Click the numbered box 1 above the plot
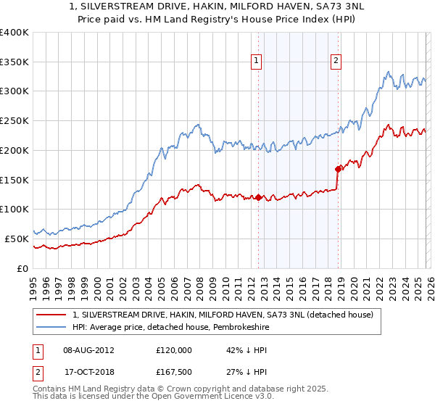pyautogui.click(x=257, y=62)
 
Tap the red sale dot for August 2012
pyautogui.click(x=258, y=197)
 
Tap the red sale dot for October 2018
pyautogui.click(x=338, y=169)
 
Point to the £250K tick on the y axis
pyautogui.click(x=14, y=121)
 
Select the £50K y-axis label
pyautogui.click(x=17, y=239)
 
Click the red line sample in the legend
pyautogui.click(x=52, y=315)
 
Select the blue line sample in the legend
pyautogui.click(x=52, y=327)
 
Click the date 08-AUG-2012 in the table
pyautogui.click(x=88, y=349)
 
